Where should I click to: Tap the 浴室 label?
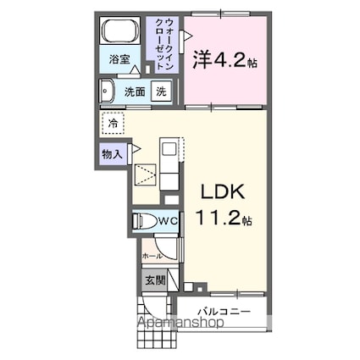(119, 59)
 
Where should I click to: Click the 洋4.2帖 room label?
(224, 60)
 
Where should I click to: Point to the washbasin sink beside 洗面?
(108, 91)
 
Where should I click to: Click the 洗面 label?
(135, 91)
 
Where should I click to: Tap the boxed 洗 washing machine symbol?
(161, 91)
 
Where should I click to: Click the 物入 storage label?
(112, 154)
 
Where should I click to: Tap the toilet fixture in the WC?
(146, 222)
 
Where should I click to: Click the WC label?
(168, 222)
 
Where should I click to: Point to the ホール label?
(152, 254)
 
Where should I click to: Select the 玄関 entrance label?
(153, 280)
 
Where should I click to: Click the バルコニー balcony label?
(224, 311)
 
